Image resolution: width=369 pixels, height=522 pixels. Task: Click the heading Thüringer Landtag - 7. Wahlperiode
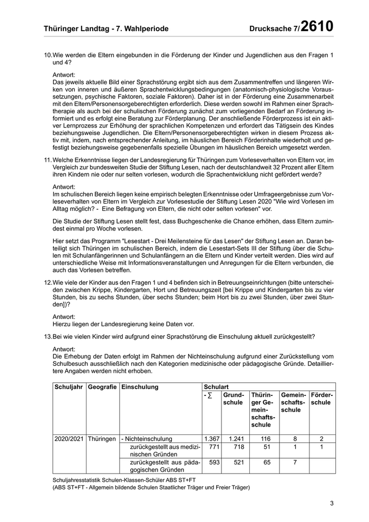point(106,29)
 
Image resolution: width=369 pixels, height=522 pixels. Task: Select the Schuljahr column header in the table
point(69,387)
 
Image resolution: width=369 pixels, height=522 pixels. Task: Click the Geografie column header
point(102,387)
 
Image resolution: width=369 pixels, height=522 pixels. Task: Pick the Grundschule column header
point(233,399)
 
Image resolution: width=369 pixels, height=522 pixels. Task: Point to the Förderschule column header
point(322,399)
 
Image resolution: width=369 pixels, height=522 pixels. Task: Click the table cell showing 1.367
point(211,439)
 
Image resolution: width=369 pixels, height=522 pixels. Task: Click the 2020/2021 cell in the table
point(69,439)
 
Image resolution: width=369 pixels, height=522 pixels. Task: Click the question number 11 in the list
point(47,175)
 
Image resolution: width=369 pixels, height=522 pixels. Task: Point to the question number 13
point(47,336)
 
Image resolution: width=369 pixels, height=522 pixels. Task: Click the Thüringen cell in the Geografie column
point(102,439)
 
